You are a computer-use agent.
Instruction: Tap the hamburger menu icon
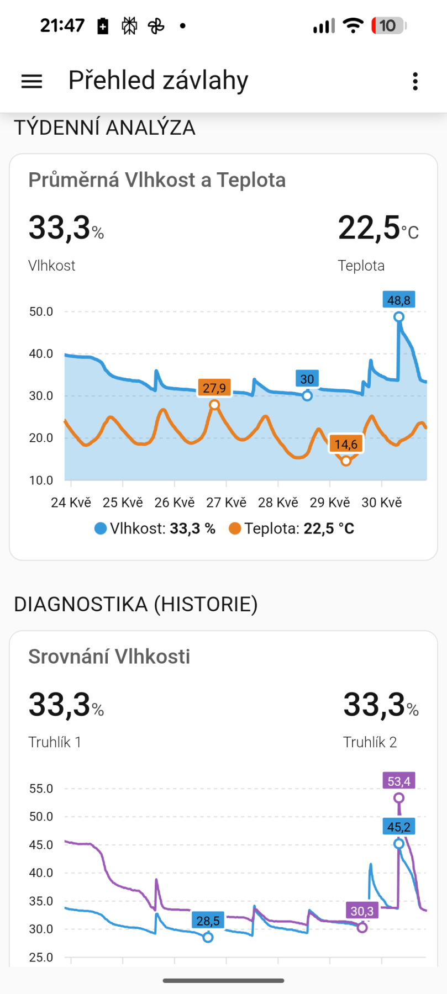[31, 81]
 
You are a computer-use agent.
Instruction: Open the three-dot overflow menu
[416, 81]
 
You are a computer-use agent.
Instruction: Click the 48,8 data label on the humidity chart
[399, 300]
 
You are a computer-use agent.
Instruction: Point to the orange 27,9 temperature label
[214, 388]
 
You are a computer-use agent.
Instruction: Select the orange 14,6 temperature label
[346, 444]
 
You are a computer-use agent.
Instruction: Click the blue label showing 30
[307, 379]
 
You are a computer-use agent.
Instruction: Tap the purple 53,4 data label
[399, 781]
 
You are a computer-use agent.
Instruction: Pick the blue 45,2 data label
[399, 827]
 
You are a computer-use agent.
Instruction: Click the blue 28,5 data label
[208, 921]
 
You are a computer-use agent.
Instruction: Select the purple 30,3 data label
[362, 911]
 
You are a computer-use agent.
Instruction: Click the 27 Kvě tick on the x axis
[227, 503]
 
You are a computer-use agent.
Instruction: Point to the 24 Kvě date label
[71, 503]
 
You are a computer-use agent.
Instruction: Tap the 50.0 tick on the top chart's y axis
[41, 311]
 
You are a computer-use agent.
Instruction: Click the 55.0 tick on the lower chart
[41, 789]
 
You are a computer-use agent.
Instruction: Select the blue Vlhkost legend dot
[101, 528]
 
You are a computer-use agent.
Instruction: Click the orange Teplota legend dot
[235, 528]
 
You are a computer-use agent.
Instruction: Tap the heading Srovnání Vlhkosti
[109, 657]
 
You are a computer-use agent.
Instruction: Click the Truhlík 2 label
[370, 742]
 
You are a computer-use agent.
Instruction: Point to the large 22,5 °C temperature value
[378, 228]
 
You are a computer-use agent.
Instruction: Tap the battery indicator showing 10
[389, 25]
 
